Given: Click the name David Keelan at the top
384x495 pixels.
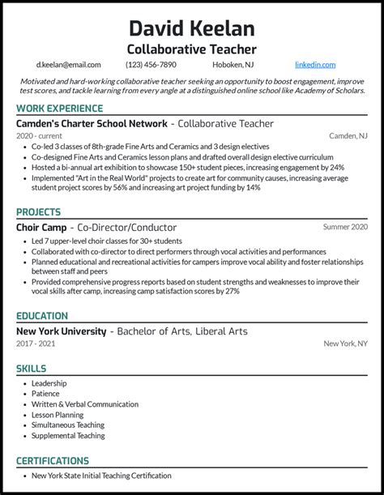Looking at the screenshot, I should tap(191, 29).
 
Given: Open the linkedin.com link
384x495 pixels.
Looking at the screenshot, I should tap(315, 65).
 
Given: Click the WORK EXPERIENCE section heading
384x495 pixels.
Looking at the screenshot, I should tap(59, 109).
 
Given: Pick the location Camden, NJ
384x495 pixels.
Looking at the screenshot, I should tap(348, 136).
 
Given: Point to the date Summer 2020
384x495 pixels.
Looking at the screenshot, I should tap(344, 228).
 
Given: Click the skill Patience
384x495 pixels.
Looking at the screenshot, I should tap(45, 394).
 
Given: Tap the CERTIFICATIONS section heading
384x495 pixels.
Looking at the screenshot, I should tap(53, 461).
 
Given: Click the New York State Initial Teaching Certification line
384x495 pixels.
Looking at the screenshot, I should tap(101, 476).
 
